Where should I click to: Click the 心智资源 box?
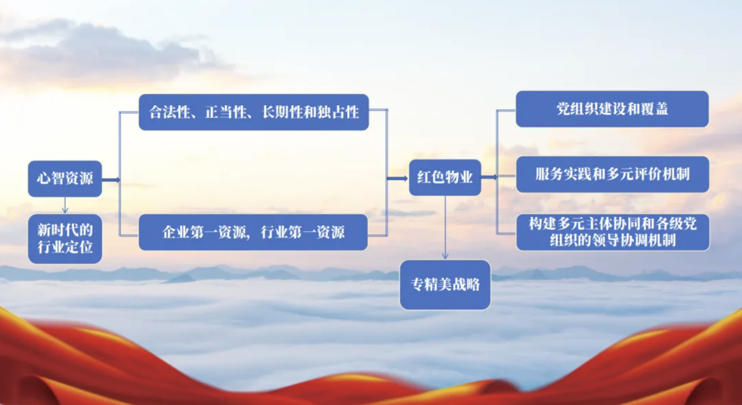65,179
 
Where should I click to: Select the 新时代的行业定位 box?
65,239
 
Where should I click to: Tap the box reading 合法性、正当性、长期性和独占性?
254,112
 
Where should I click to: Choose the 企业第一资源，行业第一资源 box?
253,232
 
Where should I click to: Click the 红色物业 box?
445,177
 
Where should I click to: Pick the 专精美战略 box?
445,285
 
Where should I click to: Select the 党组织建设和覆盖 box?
612,109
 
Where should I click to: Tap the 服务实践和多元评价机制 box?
612,174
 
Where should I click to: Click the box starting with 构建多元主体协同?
613,232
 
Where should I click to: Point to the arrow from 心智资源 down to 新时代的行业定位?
65,205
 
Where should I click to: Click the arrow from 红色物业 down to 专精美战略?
445,227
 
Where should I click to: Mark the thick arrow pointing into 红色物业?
398,179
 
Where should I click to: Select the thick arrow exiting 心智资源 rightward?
111,180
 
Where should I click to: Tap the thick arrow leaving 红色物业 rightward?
489,177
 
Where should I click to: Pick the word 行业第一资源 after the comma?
303,232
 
